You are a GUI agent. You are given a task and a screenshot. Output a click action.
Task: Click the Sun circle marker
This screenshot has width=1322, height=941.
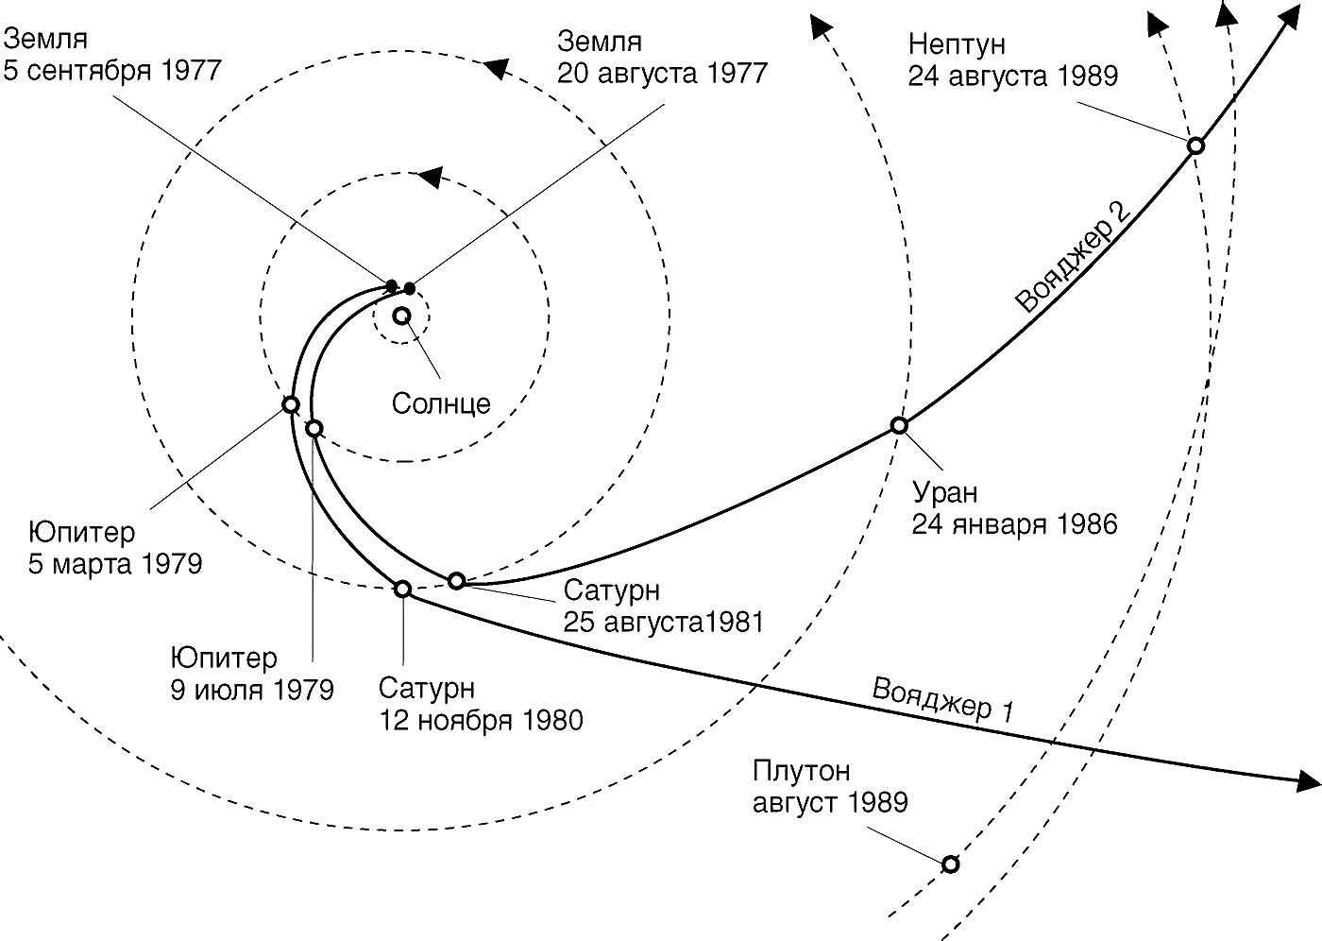[401, 316]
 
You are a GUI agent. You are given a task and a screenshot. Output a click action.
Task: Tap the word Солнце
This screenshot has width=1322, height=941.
[441, 403]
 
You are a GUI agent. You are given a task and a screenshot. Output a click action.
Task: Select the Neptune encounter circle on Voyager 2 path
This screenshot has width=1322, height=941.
[1195, 145]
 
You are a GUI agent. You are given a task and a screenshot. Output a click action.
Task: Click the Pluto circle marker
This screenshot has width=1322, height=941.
[951, 864]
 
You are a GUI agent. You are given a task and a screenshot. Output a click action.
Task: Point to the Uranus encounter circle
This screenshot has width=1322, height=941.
[899, 425]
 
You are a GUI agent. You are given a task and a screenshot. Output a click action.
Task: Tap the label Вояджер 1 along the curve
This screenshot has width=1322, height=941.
[942, 699]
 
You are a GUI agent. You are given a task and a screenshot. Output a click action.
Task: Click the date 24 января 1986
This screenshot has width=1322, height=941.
[1014, 524]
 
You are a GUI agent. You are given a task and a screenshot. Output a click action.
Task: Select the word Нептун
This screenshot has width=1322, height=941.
[957, 43]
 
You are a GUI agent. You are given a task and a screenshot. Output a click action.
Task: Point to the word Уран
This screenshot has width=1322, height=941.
[944, 492]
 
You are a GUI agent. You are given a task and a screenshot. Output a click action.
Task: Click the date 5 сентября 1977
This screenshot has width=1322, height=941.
[112, 71]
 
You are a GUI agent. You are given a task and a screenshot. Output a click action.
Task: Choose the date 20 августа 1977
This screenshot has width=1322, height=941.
[662, 73]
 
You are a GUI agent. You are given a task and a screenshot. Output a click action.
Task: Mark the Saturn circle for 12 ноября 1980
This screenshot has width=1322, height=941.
[402, 589]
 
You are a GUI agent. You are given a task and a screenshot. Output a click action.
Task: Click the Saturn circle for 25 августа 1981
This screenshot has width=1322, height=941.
[456, 580]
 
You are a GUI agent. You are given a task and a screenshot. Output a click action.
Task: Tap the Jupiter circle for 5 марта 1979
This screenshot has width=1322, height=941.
[291, 404]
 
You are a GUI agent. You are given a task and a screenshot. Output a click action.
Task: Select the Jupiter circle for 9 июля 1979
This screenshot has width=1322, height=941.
[314, 428]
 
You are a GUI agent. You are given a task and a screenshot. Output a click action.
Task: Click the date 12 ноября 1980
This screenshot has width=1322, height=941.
[481, 720]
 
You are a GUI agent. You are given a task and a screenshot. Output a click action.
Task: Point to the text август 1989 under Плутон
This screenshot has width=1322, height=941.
[830, 803]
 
